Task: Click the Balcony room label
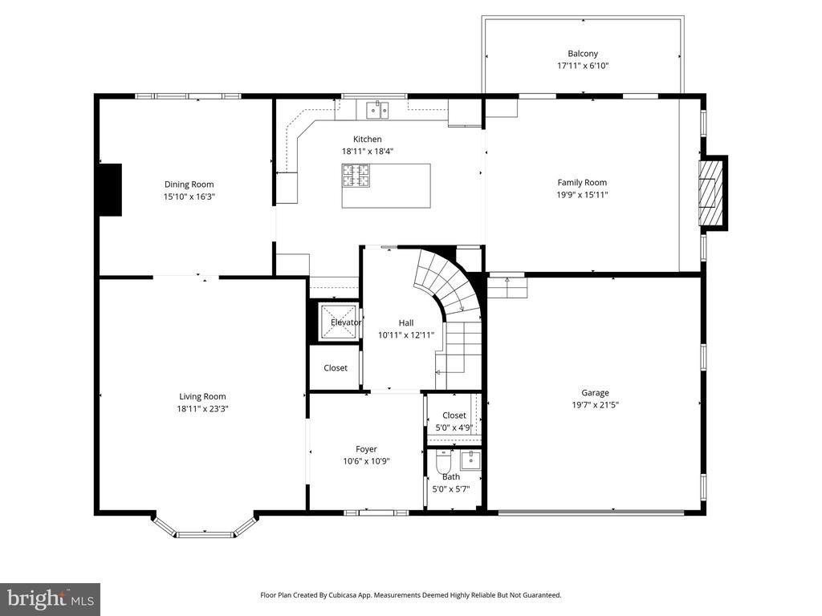(583, 54)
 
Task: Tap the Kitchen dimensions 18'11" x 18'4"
(367, 152)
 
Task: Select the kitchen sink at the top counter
(377, 111)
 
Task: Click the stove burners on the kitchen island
(356, 176)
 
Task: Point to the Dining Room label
(189, 184)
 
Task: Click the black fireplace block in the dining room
(110, 189)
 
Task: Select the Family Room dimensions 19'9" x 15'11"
(582, 195)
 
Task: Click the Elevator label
(345, 322)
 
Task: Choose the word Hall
(405, 323)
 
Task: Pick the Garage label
(595, 393)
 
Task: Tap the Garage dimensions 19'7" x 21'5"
(595, 405)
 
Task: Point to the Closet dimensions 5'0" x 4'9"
(454, 428)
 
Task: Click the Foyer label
(366, 449)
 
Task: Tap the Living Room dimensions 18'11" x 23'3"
(202, 409)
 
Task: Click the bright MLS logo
(51, 599)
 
